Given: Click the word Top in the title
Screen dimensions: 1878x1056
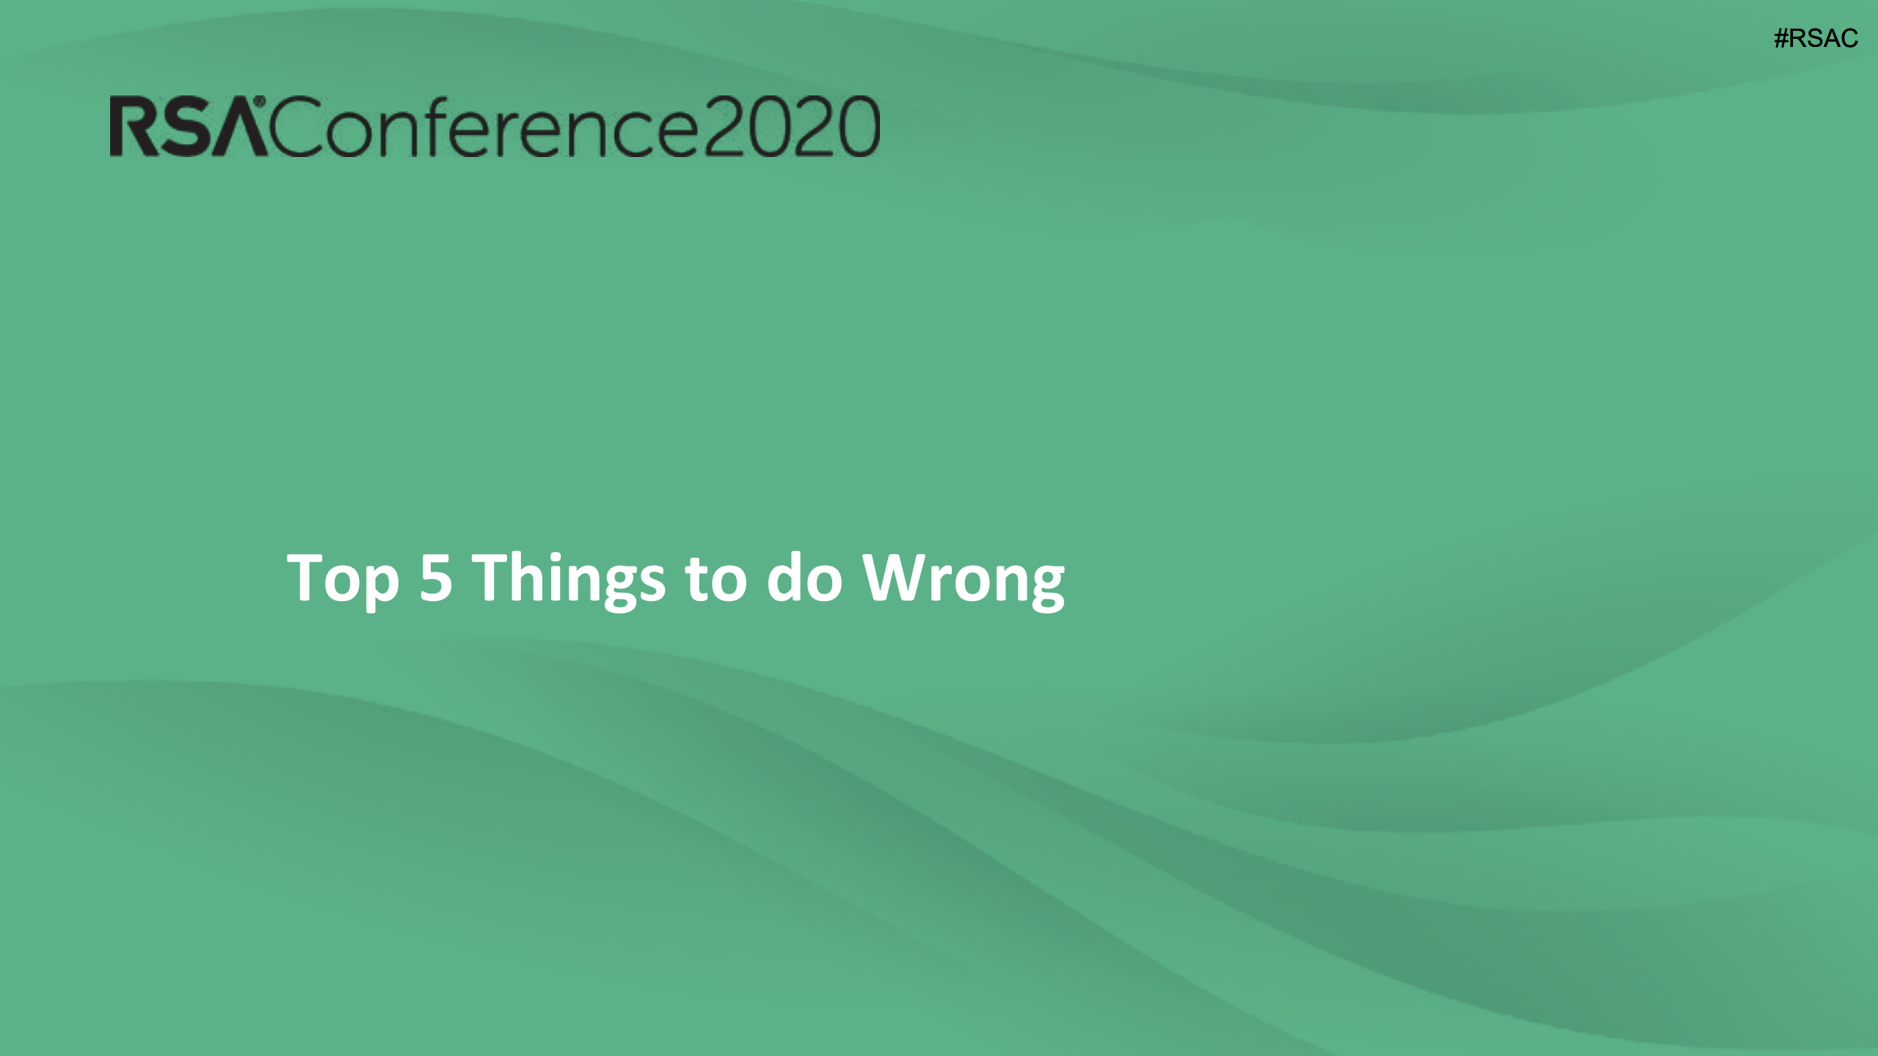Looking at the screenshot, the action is click(343, 580).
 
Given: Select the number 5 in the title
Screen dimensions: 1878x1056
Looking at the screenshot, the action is click(435, 578).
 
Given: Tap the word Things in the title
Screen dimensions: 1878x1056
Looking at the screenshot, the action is click(569, 579).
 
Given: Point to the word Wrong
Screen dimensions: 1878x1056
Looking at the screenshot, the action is click(963, 580).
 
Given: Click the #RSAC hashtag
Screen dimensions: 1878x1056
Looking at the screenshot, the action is click(1816, 38).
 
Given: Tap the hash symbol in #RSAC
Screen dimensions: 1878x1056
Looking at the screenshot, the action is click(1781, 38).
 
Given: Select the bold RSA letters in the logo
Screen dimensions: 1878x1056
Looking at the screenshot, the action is click(189, 126).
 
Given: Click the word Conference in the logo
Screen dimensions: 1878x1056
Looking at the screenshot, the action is click(486, 126).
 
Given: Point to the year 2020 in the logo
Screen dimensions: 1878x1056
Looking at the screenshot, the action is click(792, 126).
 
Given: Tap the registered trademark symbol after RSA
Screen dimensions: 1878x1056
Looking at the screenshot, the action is click(259, 101).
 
